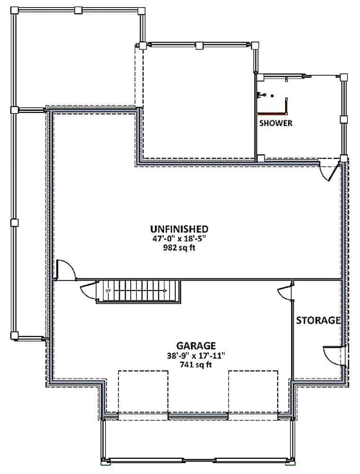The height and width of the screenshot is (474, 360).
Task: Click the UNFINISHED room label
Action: point(180,229)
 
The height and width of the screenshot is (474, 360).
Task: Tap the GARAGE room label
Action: point(197,346)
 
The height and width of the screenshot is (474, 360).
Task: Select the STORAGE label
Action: point(318,320)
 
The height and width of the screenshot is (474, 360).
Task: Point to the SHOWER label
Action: point(276,123)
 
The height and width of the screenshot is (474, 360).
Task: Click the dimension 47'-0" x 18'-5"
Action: point(180,239)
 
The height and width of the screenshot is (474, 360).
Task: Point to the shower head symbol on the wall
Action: point(261,95)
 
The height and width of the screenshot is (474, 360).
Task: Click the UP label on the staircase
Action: point(108,291)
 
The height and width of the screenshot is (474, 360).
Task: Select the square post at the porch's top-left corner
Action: point(15,10)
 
